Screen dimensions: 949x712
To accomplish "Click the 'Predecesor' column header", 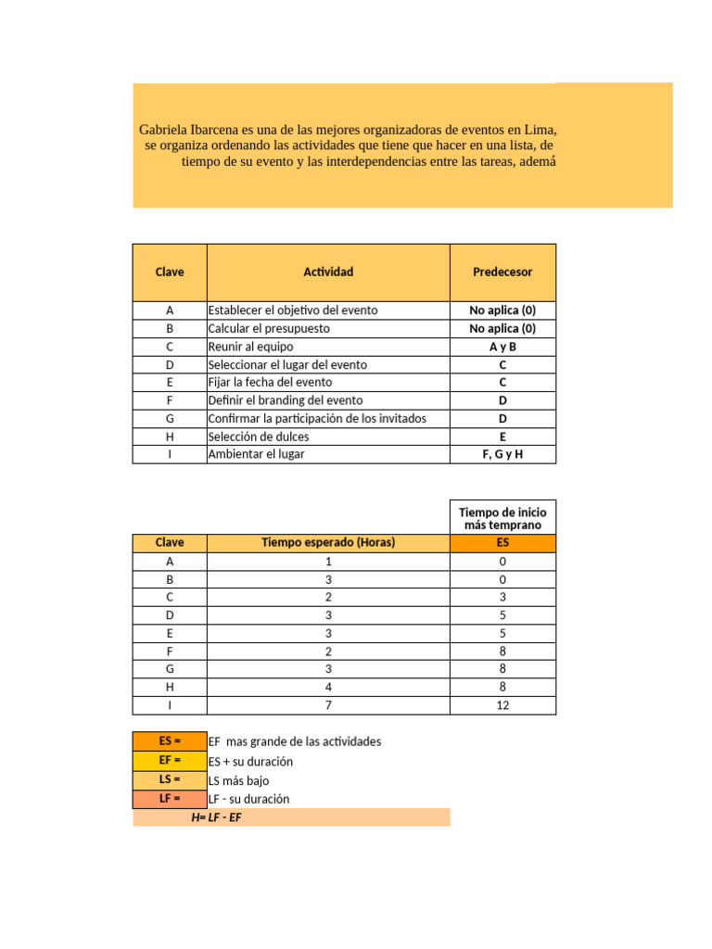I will click(502, 272).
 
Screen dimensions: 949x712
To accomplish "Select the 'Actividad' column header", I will click(328, 272).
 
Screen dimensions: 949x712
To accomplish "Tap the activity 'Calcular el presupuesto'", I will click(269, 328).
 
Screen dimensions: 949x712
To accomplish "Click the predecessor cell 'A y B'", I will click(502, 347).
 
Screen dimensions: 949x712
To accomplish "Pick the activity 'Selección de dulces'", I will click(259, 437).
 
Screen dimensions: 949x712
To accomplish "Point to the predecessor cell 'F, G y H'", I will click(502, 454).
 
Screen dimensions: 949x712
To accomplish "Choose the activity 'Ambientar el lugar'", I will click(256, 454).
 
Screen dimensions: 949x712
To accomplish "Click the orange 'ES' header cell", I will click(502, 542).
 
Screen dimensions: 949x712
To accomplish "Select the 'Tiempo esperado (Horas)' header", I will click(328, 542).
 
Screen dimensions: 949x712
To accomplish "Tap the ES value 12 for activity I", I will click(502, 705).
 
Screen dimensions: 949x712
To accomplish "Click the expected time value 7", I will click(328, 705).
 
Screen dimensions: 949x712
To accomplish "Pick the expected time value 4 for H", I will click(328, 688).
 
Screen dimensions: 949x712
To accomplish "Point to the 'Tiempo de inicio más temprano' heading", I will click(502, 518).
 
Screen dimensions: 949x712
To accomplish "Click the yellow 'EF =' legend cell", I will click(170, 760).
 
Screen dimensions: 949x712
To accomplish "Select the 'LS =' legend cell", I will click(170, 779).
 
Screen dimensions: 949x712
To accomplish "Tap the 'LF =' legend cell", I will click(170, 798).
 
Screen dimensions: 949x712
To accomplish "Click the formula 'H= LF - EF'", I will click(216, 816).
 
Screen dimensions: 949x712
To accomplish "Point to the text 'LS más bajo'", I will click(239, 780).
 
